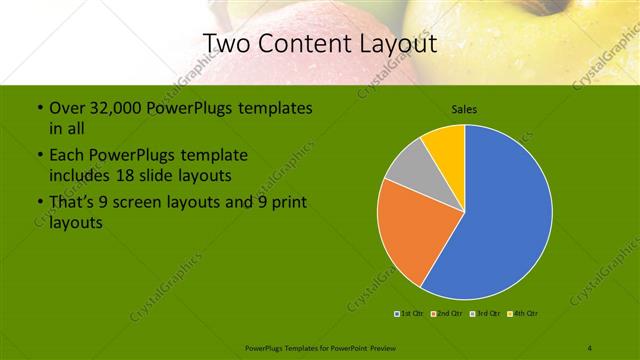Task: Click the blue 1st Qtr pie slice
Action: tap(505, 215)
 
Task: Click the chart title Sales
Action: tap(464, 108)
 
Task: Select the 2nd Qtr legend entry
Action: tap(447, 314)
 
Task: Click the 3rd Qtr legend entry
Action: tap(485, 314)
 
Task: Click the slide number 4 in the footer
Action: tap(590, 347)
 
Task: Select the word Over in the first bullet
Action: tap(68, 108)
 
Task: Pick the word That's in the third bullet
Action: tap(73, 203)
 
